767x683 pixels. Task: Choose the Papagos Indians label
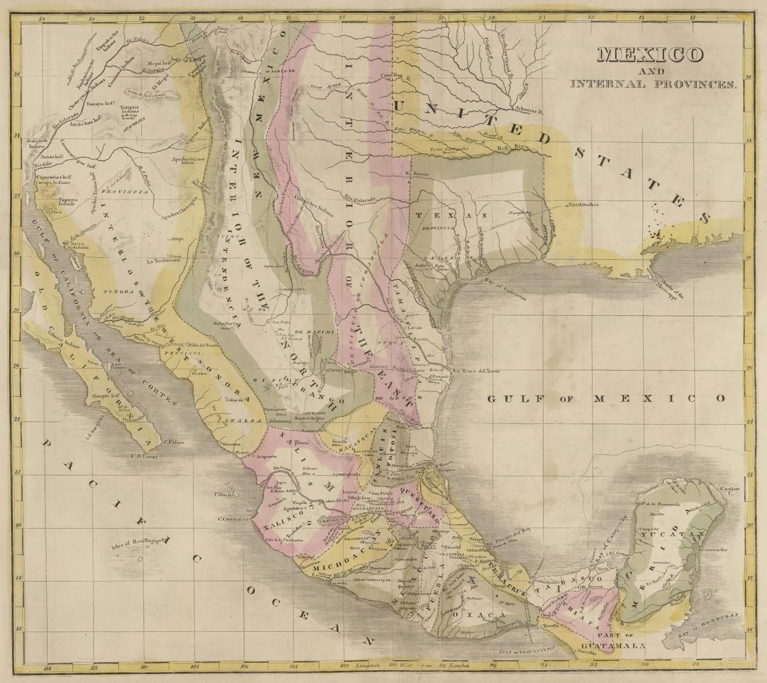[52, 201]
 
